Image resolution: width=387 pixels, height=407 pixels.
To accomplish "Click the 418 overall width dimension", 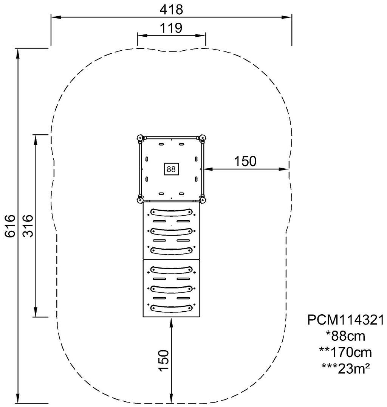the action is coord(171,10).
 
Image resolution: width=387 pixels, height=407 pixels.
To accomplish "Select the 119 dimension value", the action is coord(171,28).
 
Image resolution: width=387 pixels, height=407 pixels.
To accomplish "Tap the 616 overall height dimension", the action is coord(10,225).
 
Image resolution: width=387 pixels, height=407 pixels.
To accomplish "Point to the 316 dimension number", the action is coord(28,225).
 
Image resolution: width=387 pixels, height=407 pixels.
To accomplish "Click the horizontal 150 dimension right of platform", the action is coord(245,161).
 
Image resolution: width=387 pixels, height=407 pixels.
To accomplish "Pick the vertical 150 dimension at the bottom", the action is coord(164,360).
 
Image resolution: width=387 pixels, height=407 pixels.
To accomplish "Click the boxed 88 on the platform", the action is coord(171,169).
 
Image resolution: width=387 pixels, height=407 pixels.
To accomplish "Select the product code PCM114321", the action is coord(345,320).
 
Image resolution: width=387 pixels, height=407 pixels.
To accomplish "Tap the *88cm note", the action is coord(345,336).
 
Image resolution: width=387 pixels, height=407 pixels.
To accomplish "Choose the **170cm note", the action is coord(345,352).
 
